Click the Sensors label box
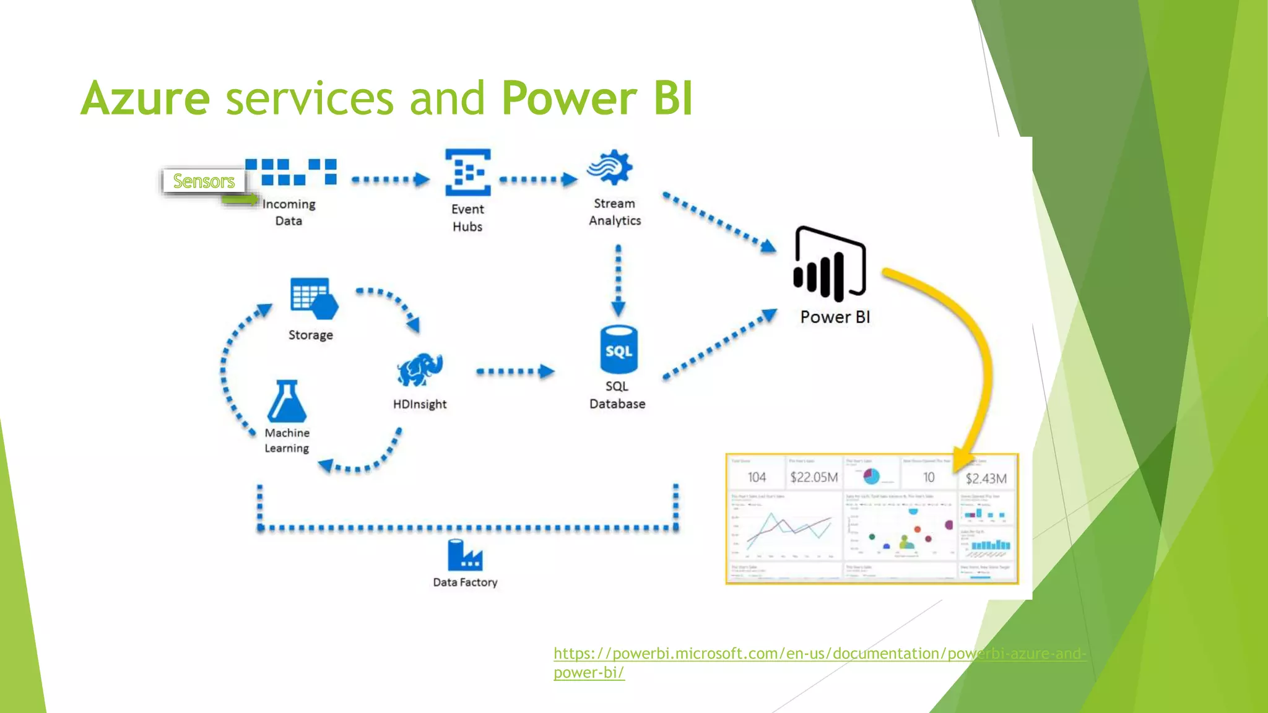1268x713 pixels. (x=204, y=181)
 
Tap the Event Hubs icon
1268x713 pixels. (x=468, y=172)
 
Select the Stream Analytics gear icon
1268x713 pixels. (x=610, y=167)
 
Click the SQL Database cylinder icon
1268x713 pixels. (x=619, y=350)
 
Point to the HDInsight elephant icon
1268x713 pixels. (x=420, y=370)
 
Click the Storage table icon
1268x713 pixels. (x=313, y=298)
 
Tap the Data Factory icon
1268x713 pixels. (x=464, y=555)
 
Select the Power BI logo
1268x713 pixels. (x=830, y=265)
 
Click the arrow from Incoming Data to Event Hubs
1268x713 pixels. (x=390, y=180)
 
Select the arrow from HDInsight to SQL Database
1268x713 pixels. (x=515, y=371)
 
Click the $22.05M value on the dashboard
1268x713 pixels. (x=814, y=477)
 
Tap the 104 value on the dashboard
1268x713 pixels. (x=757, y=477)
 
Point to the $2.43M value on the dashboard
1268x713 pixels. (x=986, y=478)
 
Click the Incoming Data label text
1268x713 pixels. (x=289, y=212)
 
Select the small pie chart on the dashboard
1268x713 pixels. (x=871, y=476)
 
